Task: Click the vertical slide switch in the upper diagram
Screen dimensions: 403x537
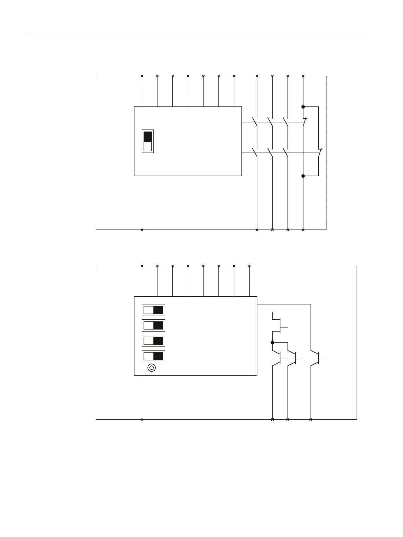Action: [148, 141]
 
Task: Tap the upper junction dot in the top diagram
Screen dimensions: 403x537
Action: [303, 107]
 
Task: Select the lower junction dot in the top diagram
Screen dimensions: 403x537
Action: [303, 176]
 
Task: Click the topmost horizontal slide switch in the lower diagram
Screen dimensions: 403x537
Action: [153, 310]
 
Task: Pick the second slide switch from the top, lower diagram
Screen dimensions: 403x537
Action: [153, 325]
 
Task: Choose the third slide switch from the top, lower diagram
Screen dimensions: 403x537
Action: [153, 341]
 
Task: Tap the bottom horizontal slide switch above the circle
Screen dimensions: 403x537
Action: [153, 356]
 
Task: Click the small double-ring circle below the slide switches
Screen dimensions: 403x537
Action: [152, 368]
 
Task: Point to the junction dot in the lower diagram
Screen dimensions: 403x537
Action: [272, 342]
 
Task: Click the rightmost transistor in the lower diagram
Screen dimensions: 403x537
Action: [318, 358]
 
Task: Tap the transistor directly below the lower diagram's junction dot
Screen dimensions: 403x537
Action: [279, 358]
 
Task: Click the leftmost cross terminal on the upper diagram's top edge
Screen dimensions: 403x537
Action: [142, 76]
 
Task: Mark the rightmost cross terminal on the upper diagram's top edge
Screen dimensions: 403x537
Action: [303, 76]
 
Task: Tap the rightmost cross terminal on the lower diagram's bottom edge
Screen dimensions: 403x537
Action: [311, 420]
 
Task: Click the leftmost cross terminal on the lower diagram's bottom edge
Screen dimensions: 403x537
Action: [142, 420]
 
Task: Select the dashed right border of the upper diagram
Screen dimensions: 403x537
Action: [326, 153]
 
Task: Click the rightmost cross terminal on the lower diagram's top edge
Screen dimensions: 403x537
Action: [249, 266]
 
